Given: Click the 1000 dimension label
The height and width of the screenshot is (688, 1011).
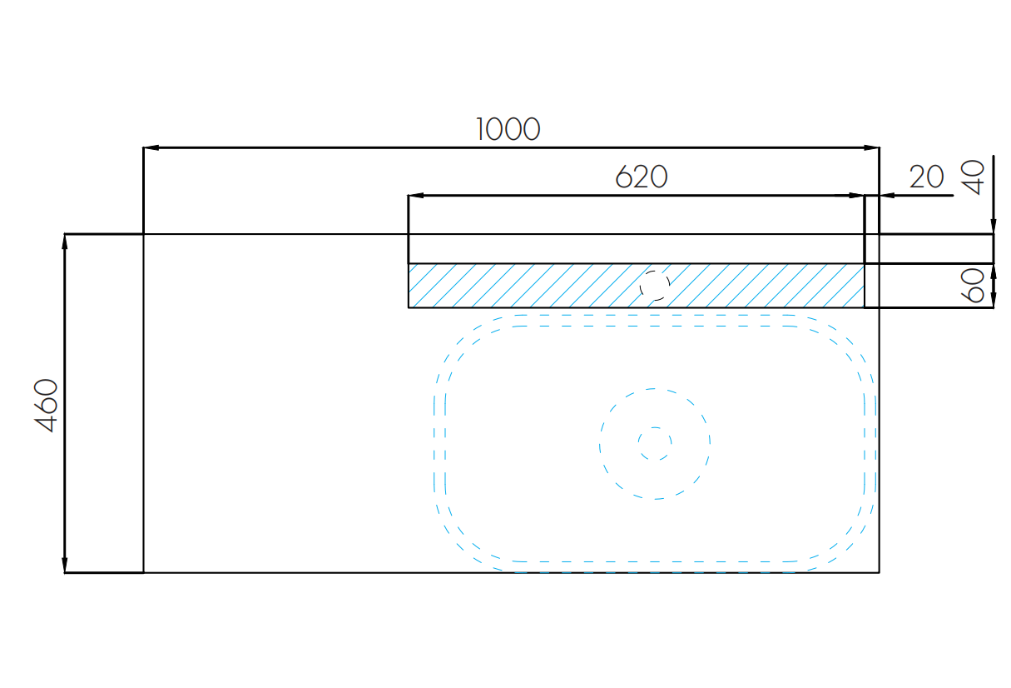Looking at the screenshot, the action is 508,129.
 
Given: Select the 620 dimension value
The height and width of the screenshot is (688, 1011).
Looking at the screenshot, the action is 642,177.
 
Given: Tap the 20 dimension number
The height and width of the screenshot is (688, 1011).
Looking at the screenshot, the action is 926,177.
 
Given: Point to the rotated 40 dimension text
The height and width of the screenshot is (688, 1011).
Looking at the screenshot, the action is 973,177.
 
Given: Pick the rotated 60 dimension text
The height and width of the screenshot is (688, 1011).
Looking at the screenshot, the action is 973,286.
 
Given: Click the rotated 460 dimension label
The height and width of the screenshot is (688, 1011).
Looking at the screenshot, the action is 46,405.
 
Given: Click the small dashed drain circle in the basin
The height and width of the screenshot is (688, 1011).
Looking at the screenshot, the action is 654,444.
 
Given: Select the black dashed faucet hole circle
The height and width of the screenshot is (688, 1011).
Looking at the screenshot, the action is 654,286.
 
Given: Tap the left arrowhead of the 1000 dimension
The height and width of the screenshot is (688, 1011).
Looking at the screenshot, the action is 151,147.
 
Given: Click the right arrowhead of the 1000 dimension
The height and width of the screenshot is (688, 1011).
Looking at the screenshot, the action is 871,147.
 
